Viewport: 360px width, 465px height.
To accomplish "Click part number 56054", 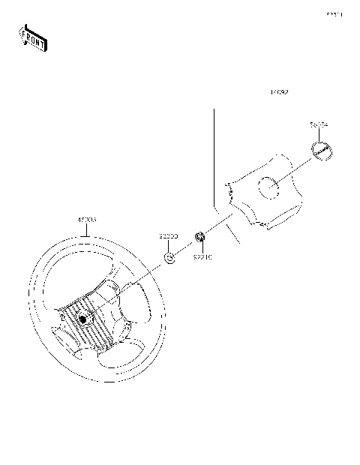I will tap(320, 124).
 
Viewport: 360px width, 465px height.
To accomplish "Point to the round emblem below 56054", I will tap(322, 150).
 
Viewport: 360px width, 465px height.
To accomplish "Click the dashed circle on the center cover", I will tap(268, 188).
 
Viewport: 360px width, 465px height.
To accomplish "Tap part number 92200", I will tap(168, 236).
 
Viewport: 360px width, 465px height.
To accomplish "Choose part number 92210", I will tap(202, 256).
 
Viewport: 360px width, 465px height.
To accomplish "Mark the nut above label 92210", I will tap(200, 238).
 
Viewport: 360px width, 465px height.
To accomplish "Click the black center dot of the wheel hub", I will tap(82, 319).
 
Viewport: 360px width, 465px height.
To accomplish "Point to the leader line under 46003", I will tap(90, 230).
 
